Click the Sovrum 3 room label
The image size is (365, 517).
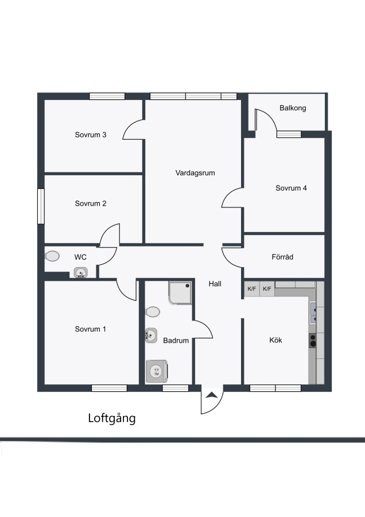(91, 134)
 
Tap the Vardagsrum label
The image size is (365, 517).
(195, 173)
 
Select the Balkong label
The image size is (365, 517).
(293, 108)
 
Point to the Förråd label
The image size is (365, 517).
(282, 257)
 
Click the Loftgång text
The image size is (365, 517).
(112, 418)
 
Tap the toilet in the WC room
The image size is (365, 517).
(52, 256)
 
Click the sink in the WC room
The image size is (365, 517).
(81, 272)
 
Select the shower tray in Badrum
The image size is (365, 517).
(180, 292)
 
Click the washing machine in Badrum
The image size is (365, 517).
(157, 371)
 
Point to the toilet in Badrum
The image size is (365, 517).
(153, 311)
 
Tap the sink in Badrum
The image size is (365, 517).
(151, 335)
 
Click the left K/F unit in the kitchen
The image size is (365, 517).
(252, 289)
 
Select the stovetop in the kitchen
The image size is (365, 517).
(312, 341)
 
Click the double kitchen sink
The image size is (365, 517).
(313, 313)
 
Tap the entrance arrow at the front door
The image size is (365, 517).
(212, 395)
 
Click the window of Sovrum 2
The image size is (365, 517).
(41, 206)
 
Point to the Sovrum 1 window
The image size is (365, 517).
(109, 388)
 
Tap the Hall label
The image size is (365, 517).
(215, 284)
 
